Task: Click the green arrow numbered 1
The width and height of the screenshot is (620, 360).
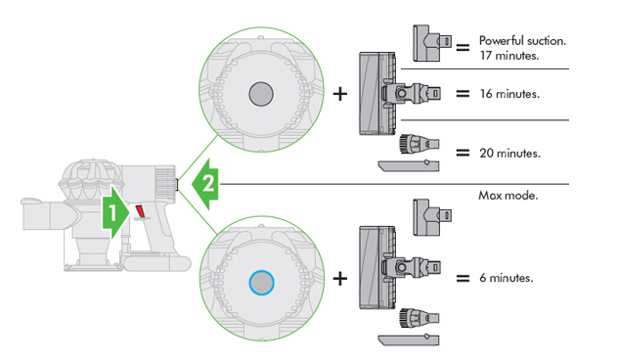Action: coord(115,213)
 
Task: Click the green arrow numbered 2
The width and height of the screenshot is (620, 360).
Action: coord(205,184)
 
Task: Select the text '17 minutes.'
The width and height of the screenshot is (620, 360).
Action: coord(509,56)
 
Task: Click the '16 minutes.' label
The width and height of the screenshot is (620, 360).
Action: coord(509,94)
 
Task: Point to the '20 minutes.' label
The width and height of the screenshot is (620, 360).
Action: coord(509,154)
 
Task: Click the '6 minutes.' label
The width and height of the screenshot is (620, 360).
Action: coord(507,278)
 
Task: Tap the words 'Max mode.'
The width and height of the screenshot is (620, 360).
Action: coord(509,195)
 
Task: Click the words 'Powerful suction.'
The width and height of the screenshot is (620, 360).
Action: coord(523,40)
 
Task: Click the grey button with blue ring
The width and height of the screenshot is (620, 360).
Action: coord(261,283)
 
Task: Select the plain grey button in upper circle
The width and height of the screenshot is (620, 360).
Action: coord(261,94)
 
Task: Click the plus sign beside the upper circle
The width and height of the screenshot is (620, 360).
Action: coord(340,94)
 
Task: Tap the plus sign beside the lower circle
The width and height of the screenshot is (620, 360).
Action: coord(340,279)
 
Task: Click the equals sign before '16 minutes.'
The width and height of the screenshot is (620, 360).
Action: coord(463,94)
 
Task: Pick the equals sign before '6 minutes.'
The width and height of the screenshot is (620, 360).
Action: coord(463,279)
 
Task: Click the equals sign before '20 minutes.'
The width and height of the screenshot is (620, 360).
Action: coord(463,153)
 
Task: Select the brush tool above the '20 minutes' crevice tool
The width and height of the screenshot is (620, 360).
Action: coord(420,143)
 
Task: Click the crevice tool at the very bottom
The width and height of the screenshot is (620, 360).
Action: coord(409,339)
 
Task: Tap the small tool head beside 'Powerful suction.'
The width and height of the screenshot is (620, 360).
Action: coord(431,43)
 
